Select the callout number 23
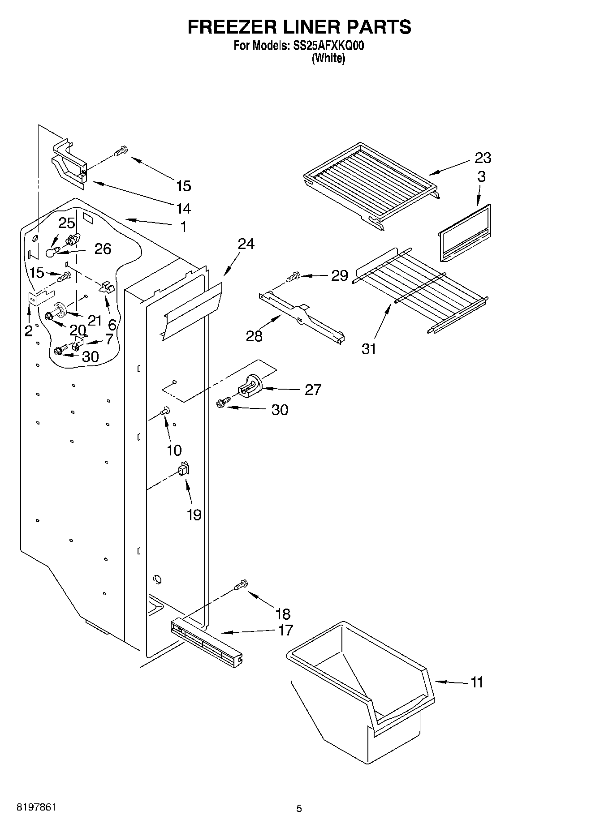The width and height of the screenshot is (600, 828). tap(483, 158)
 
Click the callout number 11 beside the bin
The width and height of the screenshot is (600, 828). tap(477, 682)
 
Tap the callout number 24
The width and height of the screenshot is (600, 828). tap(246, 244)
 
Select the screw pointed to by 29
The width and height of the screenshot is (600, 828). tap(294, 277)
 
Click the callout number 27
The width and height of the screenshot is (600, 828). tap(313, 390)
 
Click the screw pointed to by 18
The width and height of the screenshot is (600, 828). tap(241, 585)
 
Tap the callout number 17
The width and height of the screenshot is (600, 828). tap(285, 630)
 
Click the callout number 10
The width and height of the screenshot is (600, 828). tap(174, 450)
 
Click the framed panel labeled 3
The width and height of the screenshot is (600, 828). tap(465, 233)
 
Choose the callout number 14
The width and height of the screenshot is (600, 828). tap(183, 208)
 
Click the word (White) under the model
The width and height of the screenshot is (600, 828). tap(328, 58)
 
